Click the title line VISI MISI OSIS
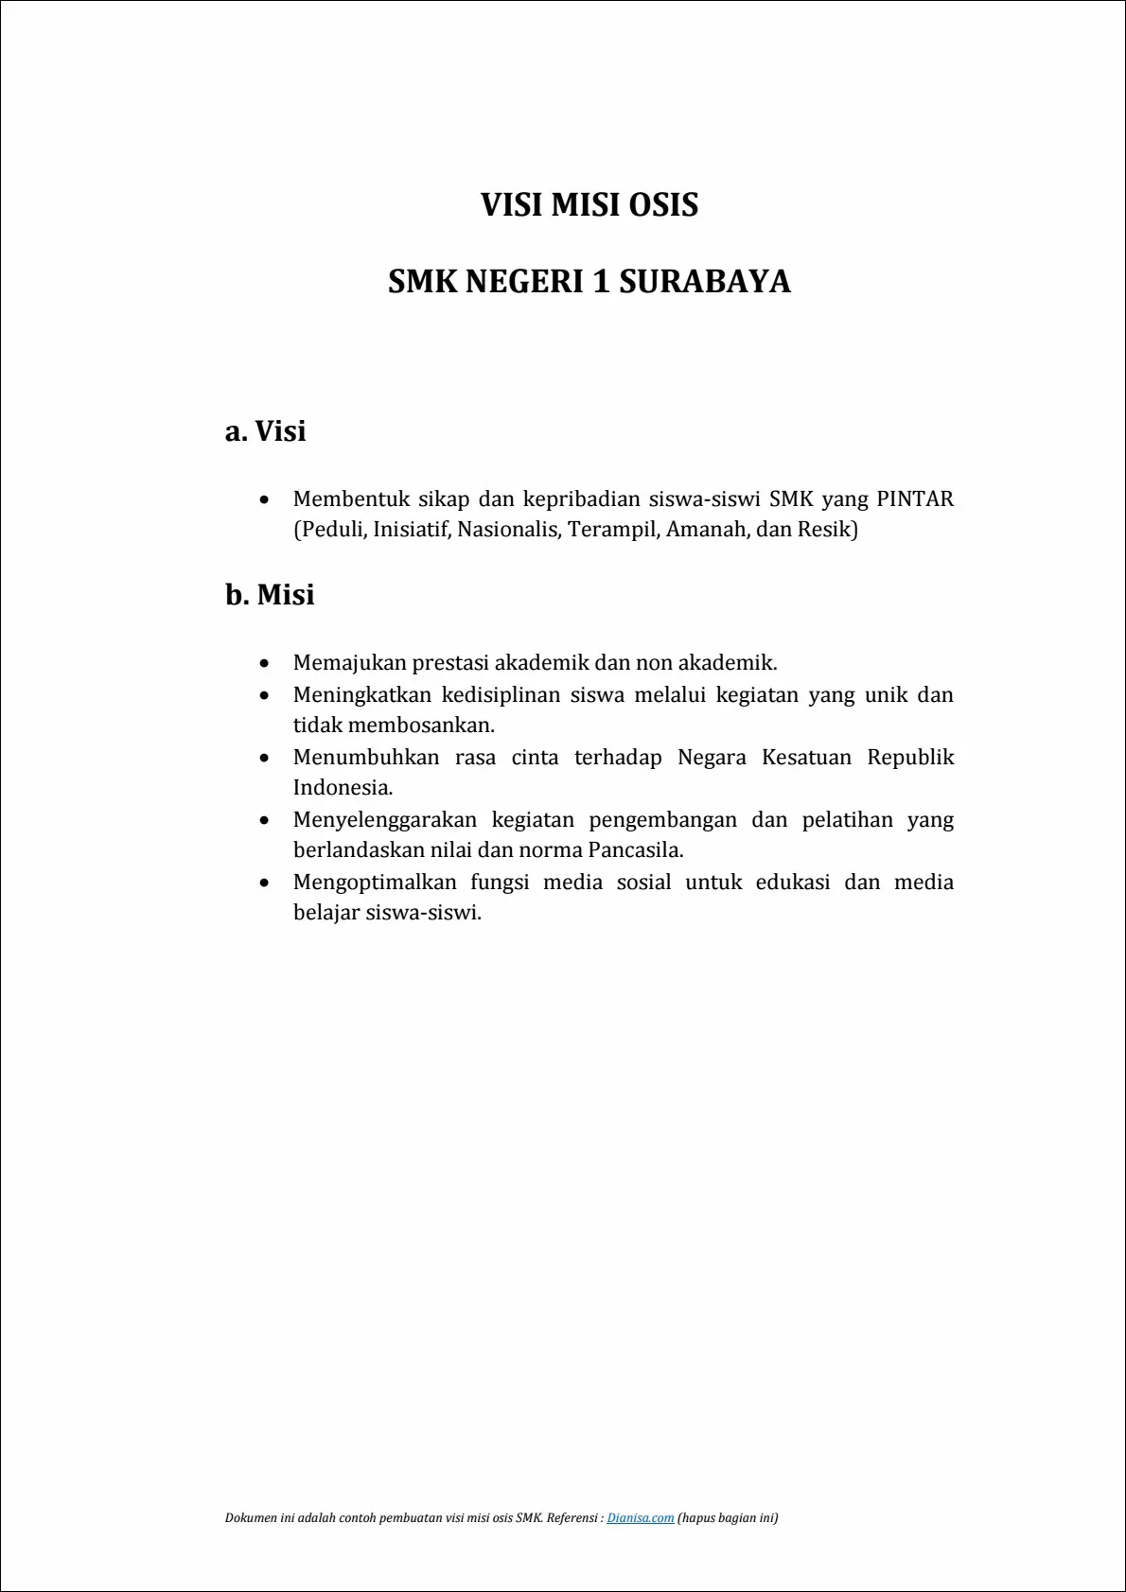pyautogui.click(x=589, y=205)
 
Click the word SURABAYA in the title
pyautogui.click(x=705, y=282)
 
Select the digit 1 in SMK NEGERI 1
pyautogui.click(x=601, y=282)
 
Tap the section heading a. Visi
pyautogui.click(x=265, y=431)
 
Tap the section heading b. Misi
pyautogui.click(x=270, y=595)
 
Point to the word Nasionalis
pyautogui.click(x=511, y=529)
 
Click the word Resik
pyautogui.click(x=824, y=529)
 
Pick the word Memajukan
pyautogui.click(x=349, y=662)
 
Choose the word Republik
pyautogui.click(x=910, y=757)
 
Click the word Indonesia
pyautogui.click(x=342, y=788)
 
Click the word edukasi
pyautogui.click(x=792, y=882)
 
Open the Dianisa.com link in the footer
pyautogui.click(x=641, y=1517)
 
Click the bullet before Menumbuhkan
pyautogui.click(x=265, y=758)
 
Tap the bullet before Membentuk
pyautogui.click(x=265, y=499)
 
